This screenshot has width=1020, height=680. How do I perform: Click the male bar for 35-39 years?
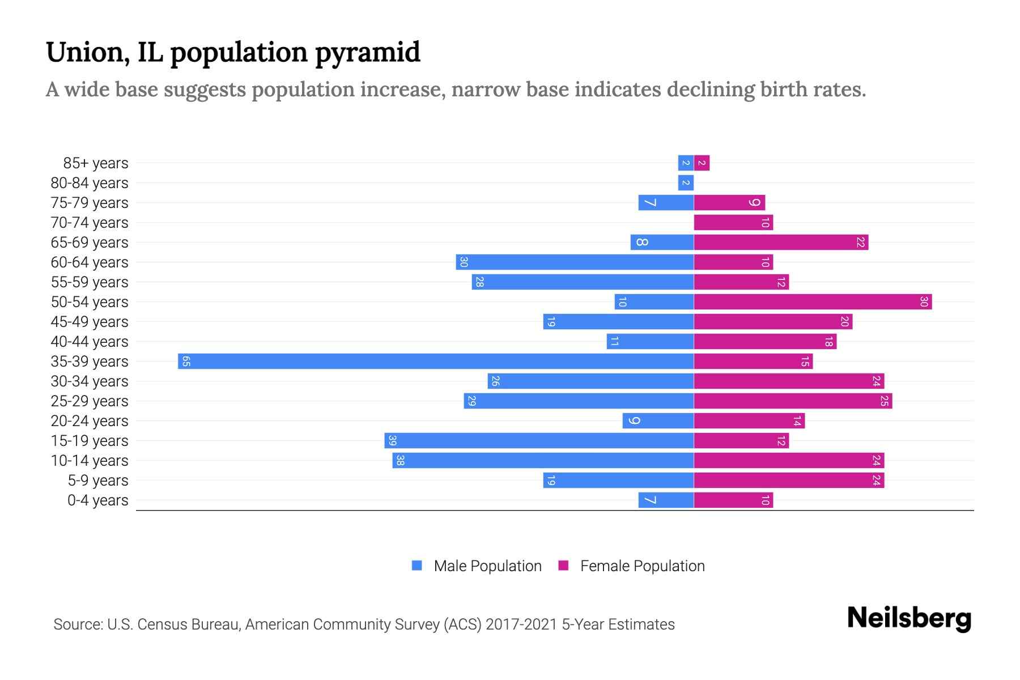tap(435, 362)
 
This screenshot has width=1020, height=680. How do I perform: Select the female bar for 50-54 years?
tap(813, 302)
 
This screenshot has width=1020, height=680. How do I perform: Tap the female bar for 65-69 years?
tap(781, 243)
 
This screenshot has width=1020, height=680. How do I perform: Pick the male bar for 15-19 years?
tap(539, 441)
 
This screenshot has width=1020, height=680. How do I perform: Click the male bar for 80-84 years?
tap(686, 183)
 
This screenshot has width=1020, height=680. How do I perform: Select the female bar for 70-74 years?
tap(733, 223)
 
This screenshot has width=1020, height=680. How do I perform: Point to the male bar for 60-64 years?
tap(575, 262)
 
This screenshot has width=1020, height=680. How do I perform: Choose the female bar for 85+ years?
tap(702, 163)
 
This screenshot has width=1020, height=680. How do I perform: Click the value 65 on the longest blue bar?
tap(186, 362)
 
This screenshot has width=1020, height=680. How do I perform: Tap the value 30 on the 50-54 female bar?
tap(924, 302)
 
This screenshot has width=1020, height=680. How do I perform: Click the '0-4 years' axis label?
tap(97, 500)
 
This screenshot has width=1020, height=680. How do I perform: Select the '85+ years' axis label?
tap(95, 163)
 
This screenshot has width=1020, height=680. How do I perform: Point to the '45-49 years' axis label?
tap(90, 322)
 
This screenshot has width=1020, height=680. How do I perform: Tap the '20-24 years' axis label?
tap(90, 421)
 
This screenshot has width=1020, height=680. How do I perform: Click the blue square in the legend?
tap(417, 566)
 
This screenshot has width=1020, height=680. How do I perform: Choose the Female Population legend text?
tap(642, 566)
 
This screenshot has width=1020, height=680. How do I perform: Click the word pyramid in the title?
tap(367, 53)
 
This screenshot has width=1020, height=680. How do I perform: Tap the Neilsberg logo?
tap(909, 618)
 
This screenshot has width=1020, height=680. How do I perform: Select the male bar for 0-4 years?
tap(666, 500)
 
